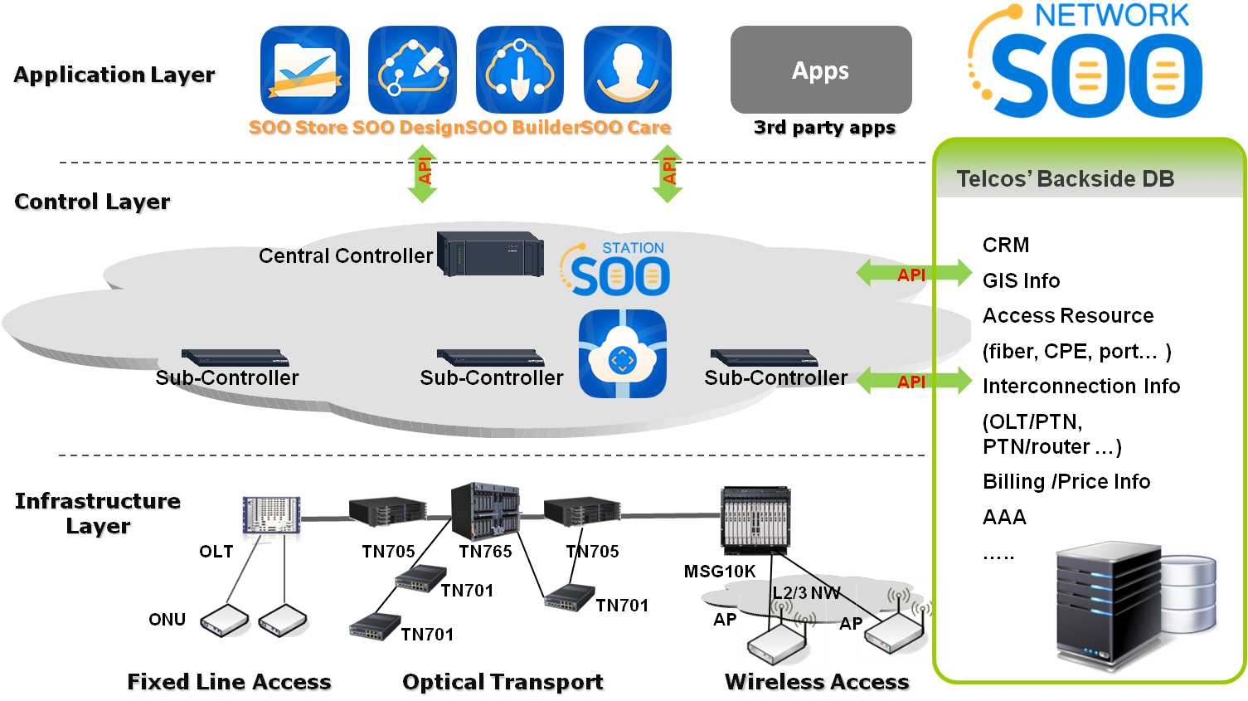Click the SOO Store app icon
click(304, 70)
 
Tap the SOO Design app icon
click(412, 70)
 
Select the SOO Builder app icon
click(520, 70)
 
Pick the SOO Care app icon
click(628, 70)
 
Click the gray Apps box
click(821, 70)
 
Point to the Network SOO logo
click(1086, 62)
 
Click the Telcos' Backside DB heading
click(1065, 179)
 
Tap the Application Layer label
click(115, 75)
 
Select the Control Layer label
click(94, 202)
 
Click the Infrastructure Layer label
click(99, 513)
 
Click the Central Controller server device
click(490, 254)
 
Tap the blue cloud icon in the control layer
click(623, 354)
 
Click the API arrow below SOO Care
click(668, 173)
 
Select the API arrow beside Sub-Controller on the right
click(914, 381)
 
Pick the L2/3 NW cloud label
click(805, 593)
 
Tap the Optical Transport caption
click(504, 683)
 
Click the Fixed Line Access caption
click(230, 683)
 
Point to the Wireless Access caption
click(818, 683)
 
